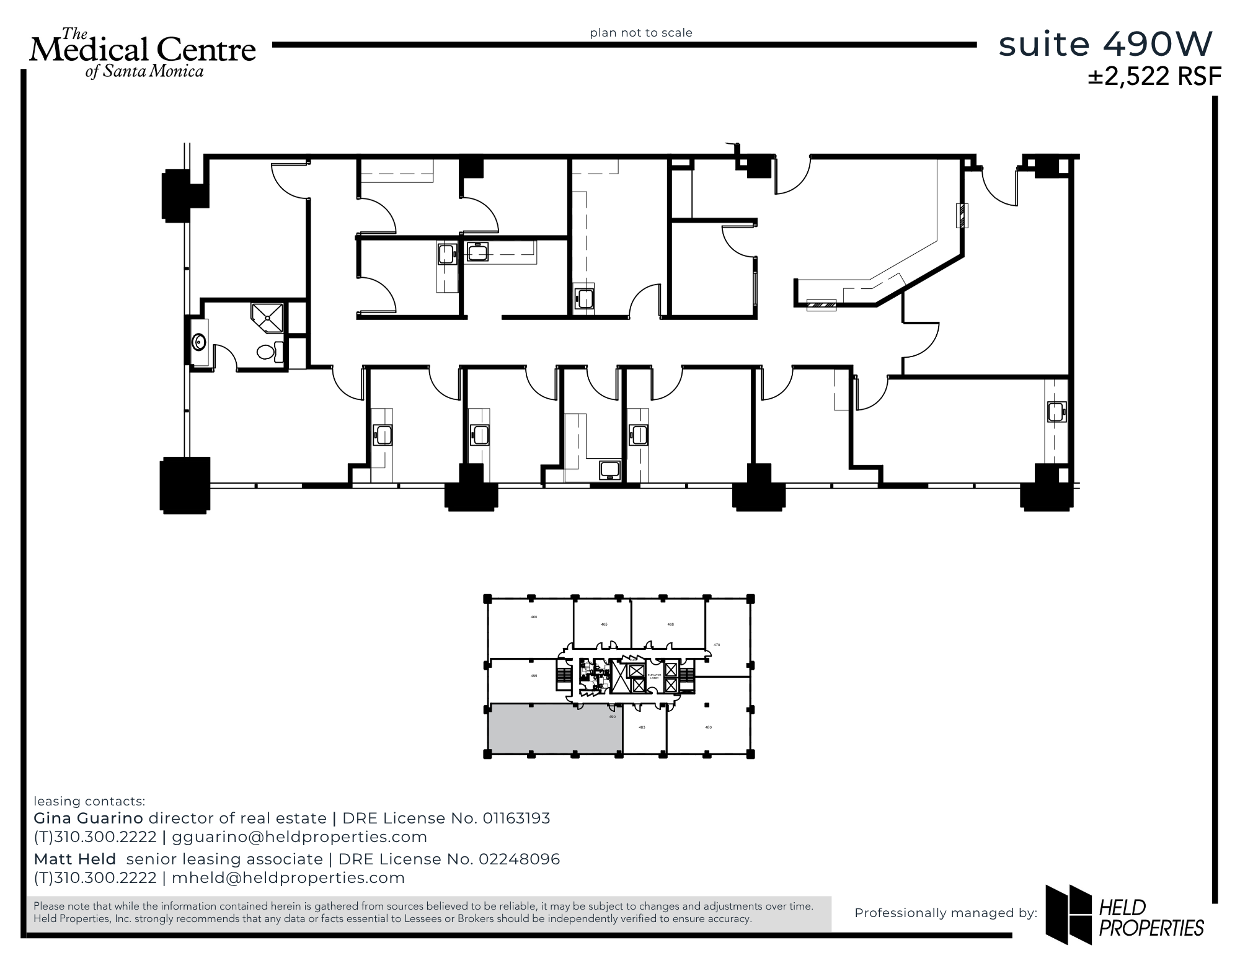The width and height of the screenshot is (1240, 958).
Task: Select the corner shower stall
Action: point(267,318)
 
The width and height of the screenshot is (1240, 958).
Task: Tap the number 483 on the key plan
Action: point(642,727)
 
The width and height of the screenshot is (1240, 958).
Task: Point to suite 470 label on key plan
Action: point(717,645)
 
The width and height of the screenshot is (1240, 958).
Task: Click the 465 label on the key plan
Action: point(604,624)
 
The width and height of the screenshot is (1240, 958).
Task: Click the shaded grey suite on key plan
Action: point(555,729)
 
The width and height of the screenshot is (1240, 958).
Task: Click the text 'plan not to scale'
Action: point(641,33)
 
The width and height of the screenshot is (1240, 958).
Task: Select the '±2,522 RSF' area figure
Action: point(1154,76)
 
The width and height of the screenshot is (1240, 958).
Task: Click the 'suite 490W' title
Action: point(1105,44)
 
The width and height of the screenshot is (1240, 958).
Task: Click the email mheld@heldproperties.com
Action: point(288,878)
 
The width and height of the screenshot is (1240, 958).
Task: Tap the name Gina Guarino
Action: point(88,818)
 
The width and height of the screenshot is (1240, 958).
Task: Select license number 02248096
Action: point(520,859)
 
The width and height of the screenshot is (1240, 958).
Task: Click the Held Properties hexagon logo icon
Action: point(1068,915)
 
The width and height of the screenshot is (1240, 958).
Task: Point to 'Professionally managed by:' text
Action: point(945,913)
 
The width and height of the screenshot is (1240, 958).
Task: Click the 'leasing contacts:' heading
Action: point(89,801)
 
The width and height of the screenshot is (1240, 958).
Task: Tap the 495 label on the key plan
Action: point(534,676)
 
